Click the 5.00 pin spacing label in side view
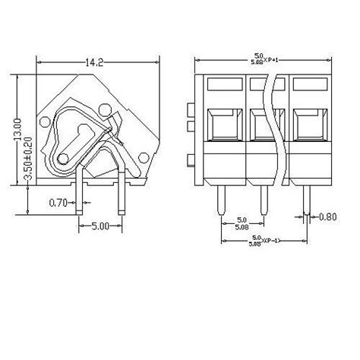pos(101,225)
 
